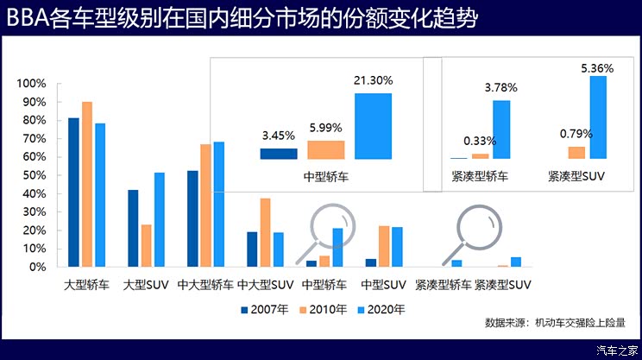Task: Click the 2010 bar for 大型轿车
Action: click(x=86, y=184)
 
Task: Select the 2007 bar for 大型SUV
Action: click(x=133, y=228)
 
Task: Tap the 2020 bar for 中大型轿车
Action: click(x=218, y=204)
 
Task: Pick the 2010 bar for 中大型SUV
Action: click(x=265, y=232)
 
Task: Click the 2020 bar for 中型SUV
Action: click(x=397, y=247)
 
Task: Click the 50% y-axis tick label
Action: click(x=34, y=175)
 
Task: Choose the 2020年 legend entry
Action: click(x=381, y=308)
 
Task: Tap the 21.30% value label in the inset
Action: click(x=373, y=80)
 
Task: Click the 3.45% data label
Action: click(x=278, y=136)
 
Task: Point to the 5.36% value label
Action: click(x=598, y=67)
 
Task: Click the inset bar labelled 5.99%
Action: click(x=325, y=149)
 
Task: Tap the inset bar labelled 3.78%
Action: click(x=501, y=129)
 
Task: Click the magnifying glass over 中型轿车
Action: click(x=327, y=226)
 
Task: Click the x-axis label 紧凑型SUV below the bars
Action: click(x=503, y=284)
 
